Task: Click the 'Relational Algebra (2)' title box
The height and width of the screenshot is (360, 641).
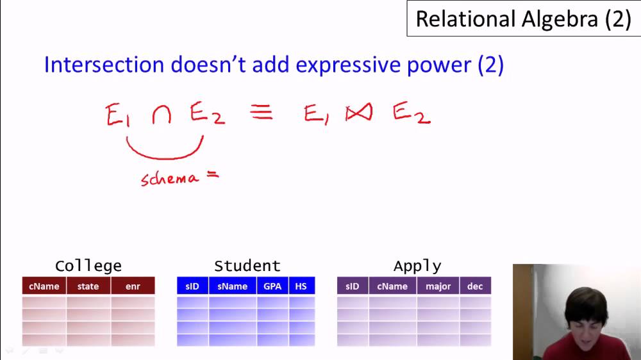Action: (523, 19)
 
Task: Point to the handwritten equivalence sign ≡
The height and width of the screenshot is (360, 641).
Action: (262, 113)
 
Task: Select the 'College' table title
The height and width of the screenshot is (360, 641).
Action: (88, 266)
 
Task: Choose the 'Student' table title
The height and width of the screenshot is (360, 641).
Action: (247, 266)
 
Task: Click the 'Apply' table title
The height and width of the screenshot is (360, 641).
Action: (417, 266)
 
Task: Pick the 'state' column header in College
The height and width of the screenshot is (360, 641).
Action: (88, 286)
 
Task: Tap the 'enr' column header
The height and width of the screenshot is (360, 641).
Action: (133, 286)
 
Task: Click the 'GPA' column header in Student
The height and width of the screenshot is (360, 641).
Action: (272, 286)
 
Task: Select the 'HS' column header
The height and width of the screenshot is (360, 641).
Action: (301, 286)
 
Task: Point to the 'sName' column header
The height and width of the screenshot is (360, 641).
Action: (232, 286)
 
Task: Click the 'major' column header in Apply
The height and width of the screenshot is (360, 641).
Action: (438, 286)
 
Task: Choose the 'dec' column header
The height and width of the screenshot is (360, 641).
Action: (475, 286)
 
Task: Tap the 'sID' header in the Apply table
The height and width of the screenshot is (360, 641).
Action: (353, 286)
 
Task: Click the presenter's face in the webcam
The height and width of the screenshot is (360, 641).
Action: (585, 320)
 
